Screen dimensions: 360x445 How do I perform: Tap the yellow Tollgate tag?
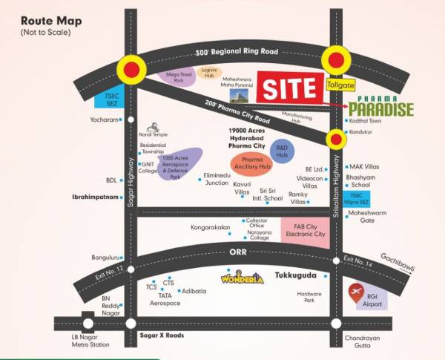click(340, 85)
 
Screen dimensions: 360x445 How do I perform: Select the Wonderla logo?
click(242, 278)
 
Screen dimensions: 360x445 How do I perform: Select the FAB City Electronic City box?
click(305, 229)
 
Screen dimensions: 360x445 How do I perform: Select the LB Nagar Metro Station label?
click(89, 339)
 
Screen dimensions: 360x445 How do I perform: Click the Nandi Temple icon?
click(154, 127)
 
